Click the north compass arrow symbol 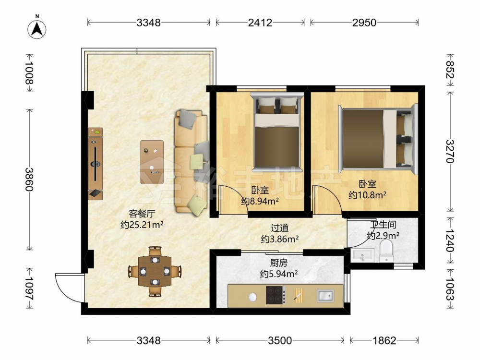click(37, 29)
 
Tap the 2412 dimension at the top click(260, 23)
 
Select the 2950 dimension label click(364, 23)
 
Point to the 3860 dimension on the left click(29, 179)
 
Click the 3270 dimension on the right click(450, 151)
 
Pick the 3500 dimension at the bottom click(280, 340)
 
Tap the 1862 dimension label click(384, 340)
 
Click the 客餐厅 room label click(142, 214)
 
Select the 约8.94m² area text click(260, 201)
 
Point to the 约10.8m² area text click(367, 195)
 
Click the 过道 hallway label click(280, 228)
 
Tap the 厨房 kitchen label click(278, 263)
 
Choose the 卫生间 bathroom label click(383, 225)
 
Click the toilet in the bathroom click(386, 251)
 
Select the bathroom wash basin click(362, 255)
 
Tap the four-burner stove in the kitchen click(276, 295)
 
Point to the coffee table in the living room click(152, 162)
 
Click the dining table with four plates click(155, 271)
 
